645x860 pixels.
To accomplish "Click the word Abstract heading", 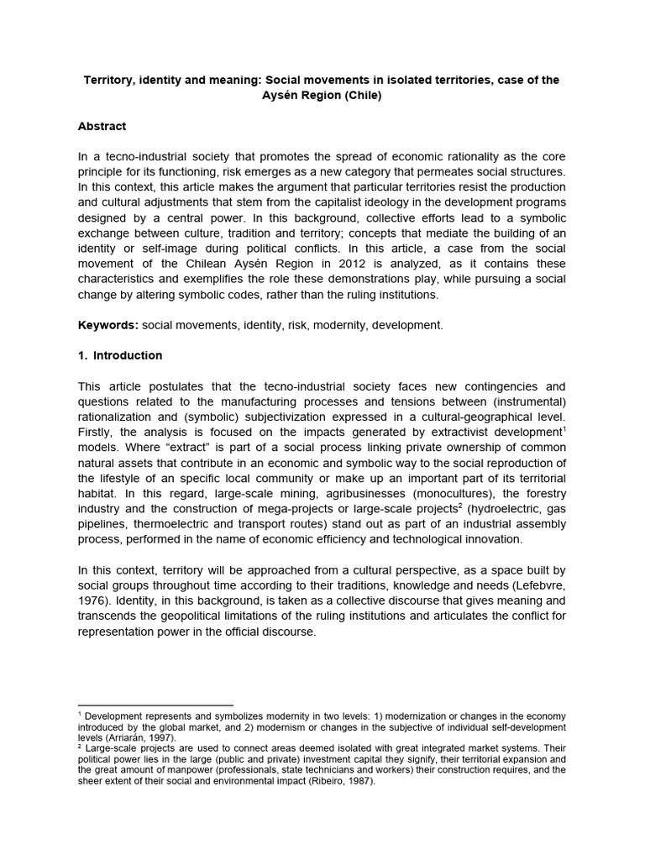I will [102, 126].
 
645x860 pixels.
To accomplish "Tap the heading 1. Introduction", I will [120, 355].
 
